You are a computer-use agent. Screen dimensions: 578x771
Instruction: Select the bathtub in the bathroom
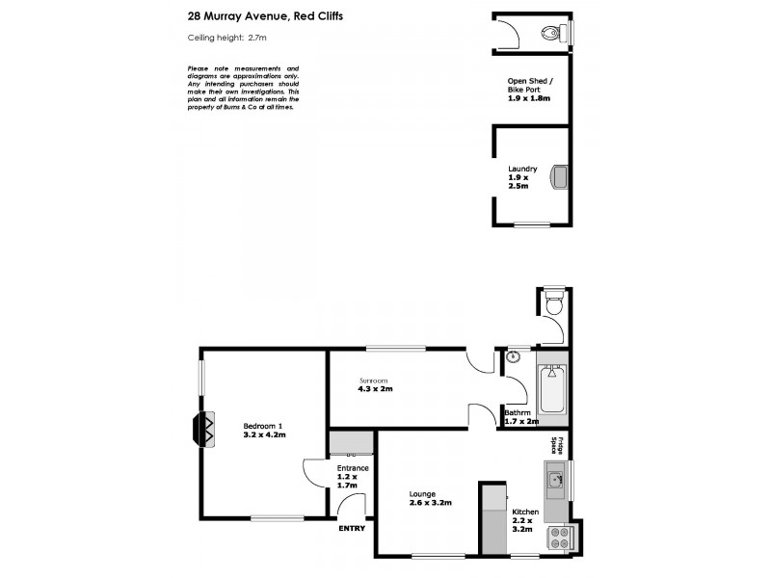tap(553, 396)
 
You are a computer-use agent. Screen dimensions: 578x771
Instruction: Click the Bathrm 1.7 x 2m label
tap(521, 416)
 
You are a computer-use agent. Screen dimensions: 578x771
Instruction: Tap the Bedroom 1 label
tap(263, 430)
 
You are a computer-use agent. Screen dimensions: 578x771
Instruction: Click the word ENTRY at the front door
tap(351, 528)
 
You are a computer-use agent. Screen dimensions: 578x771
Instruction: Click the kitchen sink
tap(555, 477)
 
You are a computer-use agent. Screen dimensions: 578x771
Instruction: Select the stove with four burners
tap(559, 539)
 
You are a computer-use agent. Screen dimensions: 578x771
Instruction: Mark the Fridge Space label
tap(554, 445)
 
